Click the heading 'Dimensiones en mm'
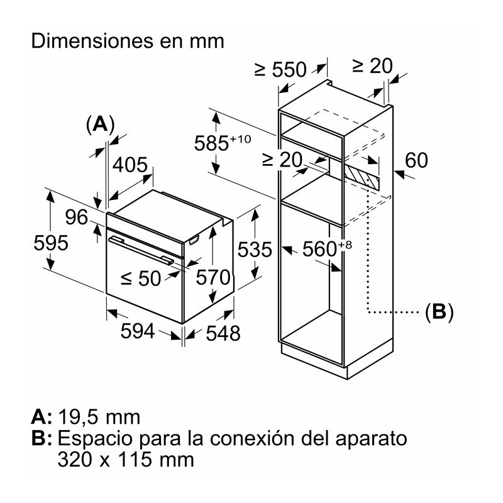128,41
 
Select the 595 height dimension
51,243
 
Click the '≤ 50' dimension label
141,278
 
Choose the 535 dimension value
255,250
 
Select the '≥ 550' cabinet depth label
280,70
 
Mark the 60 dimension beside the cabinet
416,160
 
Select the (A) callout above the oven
99,124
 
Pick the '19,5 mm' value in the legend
99,417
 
